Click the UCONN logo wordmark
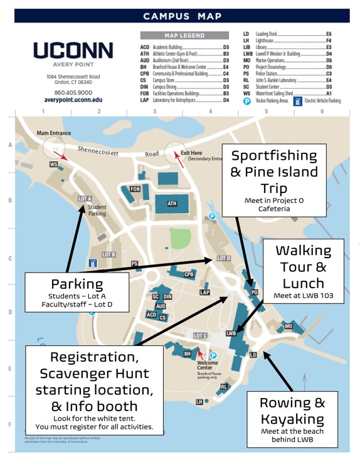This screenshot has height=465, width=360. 73,51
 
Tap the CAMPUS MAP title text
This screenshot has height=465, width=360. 182,16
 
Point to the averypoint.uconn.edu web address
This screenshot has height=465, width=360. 73,100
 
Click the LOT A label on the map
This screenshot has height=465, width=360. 85,198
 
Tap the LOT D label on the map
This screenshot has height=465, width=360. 224,258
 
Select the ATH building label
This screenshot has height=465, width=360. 172,203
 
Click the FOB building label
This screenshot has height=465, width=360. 135,189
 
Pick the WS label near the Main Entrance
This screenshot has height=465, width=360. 53,164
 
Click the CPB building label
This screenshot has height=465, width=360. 189,274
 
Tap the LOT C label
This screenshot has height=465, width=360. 200,336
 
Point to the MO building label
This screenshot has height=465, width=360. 289,326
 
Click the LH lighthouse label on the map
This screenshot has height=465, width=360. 199,401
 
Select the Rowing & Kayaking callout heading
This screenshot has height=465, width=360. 292,410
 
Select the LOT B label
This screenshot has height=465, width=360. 108,254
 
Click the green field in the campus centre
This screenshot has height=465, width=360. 180,238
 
